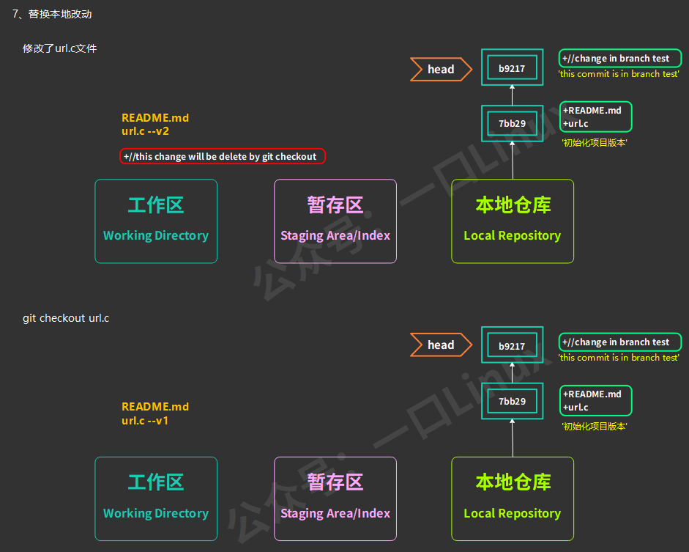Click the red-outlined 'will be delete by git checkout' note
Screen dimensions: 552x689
tap(223, 156)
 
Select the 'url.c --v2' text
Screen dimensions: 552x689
tap(146, 131)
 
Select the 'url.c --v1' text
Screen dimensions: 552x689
tap(146, 421)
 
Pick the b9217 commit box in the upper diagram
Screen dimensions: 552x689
tap(512, 69)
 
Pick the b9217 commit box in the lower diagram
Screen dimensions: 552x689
tap(512, 346)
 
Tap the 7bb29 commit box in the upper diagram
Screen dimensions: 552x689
tap(512, 123)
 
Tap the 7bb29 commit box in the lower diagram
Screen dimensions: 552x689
tap(512, 401)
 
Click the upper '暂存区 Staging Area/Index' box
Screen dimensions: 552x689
tap(335, 221)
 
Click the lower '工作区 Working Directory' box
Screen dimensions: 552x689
tap(156, 498)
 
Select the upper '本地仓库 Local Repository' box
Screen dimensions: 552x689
tap(513, 221)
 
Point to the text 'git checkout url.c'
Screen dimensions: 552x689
tap(66, 318)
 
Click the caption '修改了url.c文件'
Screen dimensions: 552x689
tap(60, 48)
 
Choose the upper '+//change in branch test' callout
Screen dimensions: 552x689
tap(619, 59)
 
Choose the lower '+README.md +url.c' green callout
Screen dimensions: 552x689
tap(595, 400)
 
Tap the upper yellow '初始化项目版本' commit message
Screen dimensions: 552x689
tap(594, 143)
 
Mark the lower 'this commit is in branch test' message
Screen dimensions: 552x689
tap(619, 358)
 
